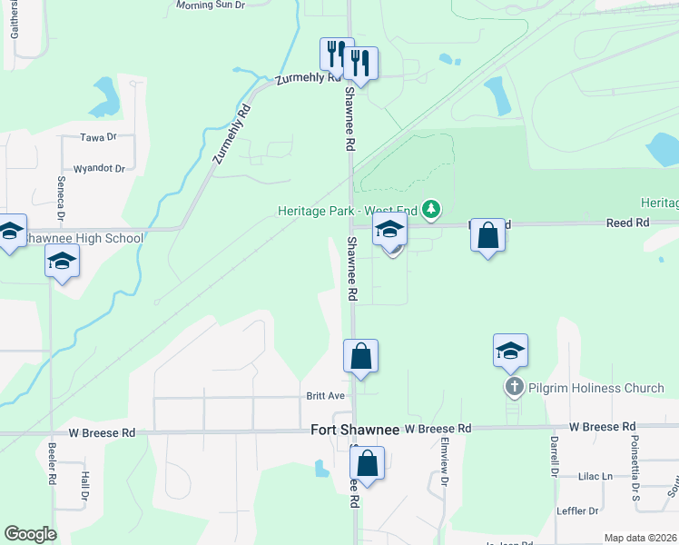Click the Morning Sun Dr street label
point(211,5)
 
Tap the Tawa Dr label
point(99,137)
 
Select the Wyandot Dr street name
point(99,168)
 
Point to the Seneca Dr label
point(61,199)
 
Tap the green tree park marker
point(432,211)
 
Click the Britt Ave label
point(325,396)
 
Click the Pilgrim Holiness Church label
point(597,388)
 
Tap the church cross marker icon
point(514,388)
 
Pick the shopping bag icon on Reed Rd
point(488,235)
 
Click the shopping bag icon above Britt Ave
point(360,355)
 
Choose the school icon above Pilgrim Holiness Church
point(510,350)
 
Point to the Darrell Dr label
point(553,455)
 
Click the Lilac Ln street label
point(595,476)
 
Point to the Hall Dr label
point(84,486)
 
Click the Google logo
point(30,534)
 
